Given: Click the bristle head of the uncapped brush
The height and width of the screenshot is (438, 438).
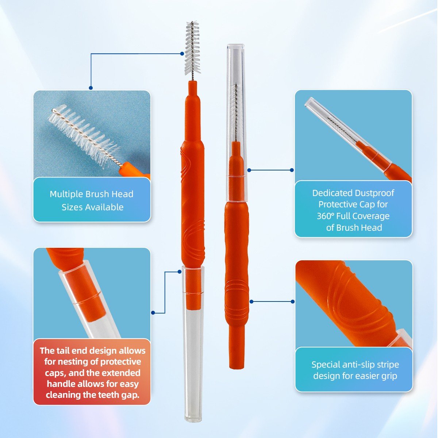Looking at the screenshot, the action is (x=193, y=48).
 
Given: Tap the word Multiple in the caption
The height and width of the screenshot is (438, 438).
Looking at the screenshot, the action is (x=66, y=194).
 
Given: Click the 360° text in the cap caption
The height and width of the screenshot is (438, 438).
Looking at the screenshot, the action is (x=325, y=216).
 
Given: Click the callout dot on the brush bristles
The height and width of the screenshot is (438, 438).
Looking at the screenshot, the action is (x=182, y=54).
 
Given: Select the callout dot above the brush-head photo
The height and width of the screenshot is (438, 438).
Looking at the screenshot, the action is (x=91, y=88).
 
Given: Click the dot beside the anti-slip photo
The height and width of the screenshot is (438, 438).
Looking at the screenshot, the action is (x=293, y=301).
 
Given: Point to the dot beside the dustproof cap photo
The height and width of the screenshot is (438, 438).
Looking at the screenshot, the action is (x=292, y=170).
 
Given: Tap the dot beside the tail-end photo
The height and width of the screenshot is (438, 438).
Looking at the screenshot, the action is (x=153, y=313).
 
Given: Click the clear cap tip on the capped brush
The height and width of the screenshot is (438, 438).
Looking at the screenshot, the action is (x=236, y=46).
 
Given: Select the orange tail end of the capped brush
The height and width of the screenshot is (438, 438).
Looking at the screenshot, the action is (x=237, y=357).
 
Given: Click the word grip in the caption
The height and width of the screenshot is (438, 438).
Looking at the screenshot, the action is (x=389, y=376).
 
